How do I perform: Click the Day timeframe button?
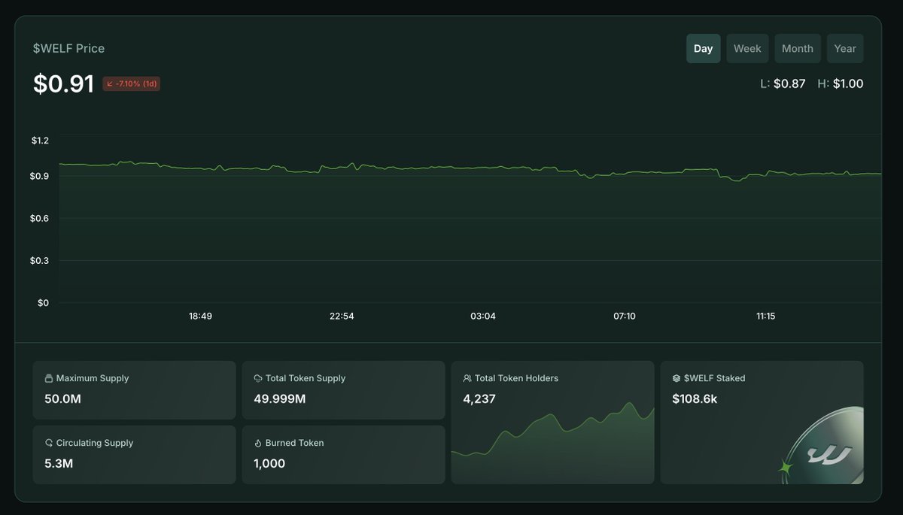click(703, 48)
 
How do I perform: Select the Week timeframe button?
click(747, 48)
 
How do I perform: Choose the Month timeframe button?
click(797, 48)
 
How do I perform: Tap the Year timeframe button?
click(845, 48)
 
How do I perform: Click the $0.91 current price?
click(63, 83)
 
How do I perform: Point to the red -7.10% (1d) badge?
click(132, 83)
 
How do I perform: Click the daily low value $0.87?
click(789, 83)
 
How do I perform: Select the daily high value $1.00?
click(847, 83)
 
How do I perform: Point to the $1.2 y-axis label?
click(40, 141)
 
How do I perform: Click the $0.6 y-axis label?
click(40, 219)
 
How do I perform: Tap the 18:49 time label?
click(200, 317)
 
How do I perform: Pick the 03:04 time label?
click(483, 317)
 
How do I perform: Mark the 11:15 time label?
click(765, 317)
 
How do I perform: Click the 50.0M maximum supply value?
click(62, 398)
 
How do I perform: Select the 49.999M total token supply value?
click(280, 398)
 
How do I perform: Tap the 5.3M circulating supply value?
click(59, 463)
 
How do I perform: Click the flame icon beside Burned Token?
click(258, 444)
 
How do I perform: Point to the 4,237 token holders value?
click(479, 398)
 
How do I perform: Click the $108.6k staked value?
click(695, 398)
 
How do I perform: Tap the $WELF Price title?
click(68, 48)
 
